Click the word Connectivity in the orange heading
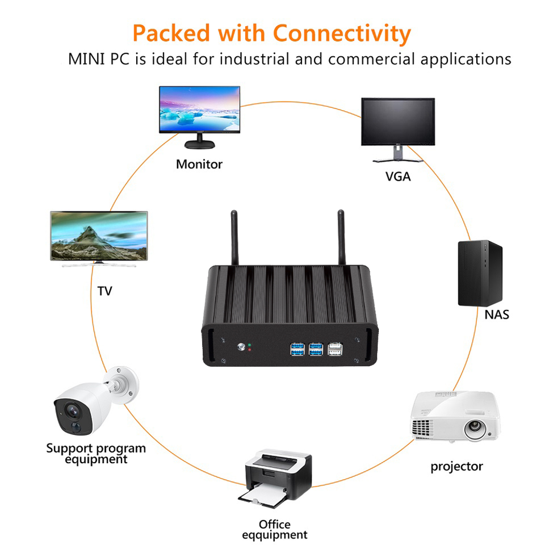tap(342, 34)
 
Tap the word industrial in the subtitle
tap(254, 58)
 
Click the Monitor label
tap(199, 164)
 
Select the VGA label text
tap(398, 177)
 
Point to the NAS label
tap(497, 315)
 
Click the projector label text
tap(456, 467)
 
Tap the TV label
tap(104, 291)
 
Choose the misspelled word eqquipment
tap(275, 535)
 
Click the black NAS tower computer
tap(480, 273)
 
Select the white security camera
tap(95, 401)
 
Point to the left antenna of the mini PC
tap(234, 238)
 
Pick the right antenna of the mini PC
tap(341, 237)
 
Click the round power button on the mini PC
tap(241, 346)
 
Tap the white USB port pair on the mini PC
tap(335, 349)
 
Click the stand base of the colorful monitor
tap(199, 144)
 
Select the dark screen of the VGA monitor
tap(398, 121)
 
